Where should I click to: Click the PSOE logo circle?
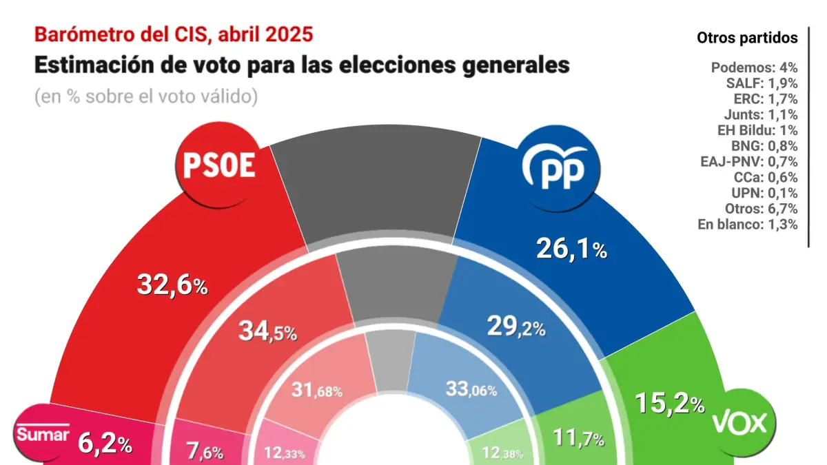[219, 167]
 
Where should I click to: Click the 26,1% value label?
[571, 249]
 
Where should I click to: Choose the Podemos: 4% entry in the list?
[754, 68]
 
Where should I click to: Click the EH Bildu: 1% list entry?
[754, 130]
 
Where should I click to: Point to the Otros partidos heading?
[747, 37]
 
